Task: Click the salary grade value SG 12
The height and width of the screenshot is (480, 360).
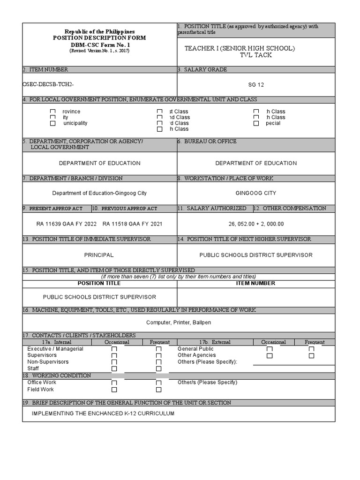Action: pos(256,85)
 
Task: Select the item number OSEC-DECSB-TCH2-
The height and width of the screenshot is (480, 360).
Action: pos(48,84)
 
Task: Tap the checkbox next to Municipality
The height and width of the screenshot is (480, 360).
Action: pos(53,123)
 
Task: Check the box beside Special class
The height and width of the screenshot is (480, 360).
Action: pos(256,123)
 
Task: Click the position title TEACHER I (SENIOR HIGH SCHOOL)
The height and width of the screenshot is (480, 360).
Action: pos(240,48)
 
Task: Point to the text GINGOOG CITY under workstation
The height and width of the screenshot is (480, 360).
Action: pos(256,193)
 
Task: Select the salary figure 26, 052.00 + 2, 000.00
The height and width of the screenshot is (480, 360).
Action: pos(256,224)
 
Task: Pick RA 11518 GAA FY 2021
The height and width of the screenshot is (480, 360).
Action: pos(133,224)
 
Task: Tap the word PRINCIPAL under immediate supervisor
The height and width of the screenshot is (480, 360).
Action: pos(99,255)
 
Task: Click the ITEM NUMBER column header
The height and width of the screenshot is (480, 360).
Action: pos(256,283)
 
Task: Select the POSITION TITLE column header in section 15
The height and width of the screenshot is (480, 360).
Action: pos(99,283)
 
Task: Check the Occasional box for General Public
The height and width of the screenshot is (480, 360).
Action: pos(270,349)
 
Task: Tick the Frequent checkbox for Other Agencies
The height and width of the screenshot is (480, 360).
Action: pos(311,356)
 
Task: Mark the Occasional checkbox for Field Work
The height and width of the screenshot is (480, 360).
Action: pos(114,390)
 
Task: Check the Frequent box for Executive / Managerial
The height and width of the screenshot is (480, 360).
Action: pos(158,349)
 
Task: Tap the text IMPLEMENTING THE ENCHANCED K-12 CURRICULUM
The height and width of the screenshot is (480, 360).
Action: pos(103,413)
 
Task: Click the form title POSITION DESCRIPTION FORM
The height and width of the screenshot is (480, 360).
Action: pos(99,37)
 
